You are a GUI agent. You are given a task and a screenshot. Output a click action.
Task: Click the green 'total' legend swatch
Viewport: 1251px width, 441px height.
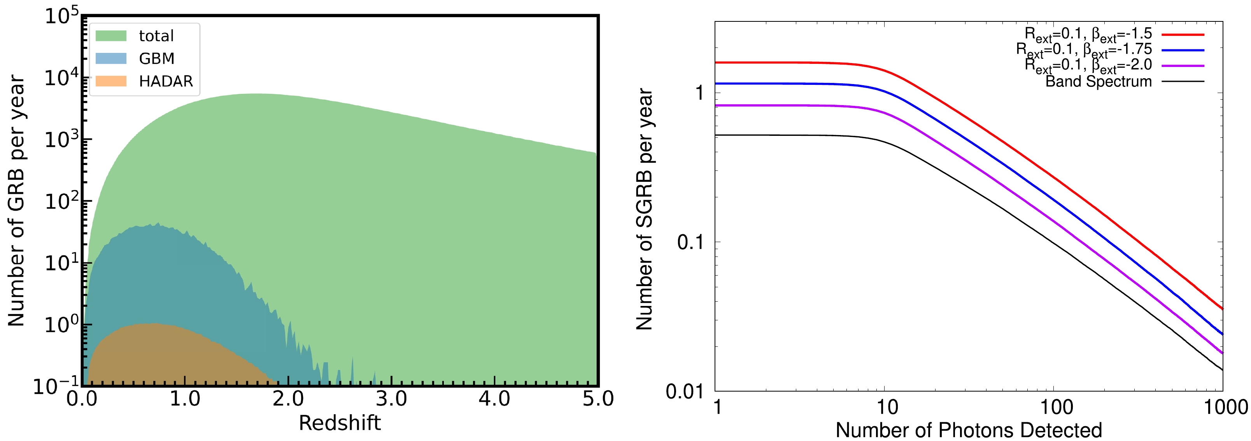111,36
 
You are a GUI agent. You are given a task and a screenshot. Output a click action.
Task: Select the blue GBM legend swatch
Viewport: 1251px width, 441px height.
111,59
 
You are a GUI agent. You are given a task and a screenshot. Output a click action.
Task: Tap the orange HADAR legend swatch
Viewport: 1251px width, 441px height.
111,81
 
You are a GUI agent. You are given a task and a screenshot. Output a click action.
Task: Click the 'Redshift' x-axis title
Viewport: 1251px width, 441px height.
340,423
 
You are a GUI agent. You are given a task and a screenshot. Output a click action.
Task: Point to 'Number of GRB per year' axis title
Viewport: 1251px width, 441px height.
16,200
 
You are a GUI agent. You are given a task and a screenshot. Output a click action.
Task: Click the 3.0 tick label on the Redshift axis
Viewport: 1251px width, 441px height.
391,399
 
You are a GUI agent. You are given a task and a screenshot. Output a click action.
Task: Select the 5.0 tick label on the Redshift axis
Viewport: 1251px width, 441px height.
598,399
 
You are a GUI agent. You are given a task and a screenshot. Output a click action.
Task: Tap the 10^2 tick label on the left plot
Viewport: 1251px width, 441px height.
61,200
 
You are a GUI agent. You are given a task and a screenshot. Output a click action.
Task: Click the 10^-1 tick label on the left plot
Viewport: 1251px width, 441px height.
55,387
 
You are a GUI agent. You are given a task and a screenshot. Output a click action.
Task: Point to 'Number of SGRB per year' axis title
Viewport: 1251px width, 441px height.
645,209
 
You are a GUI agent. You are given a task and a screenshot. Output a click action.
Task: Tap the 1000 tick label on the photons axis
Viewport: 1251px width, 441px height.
1225,407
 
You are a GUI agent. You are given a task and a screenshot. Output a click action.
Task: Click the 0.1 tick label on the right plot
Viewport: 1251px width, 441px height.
690,242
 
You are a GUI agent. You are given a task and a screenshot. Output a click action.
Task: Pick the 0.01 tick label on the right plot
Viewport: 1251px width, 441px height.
684,391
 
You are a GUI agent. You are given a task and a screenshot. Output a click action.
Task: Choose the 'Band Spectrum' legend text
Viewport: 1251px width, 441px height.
1098,81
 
